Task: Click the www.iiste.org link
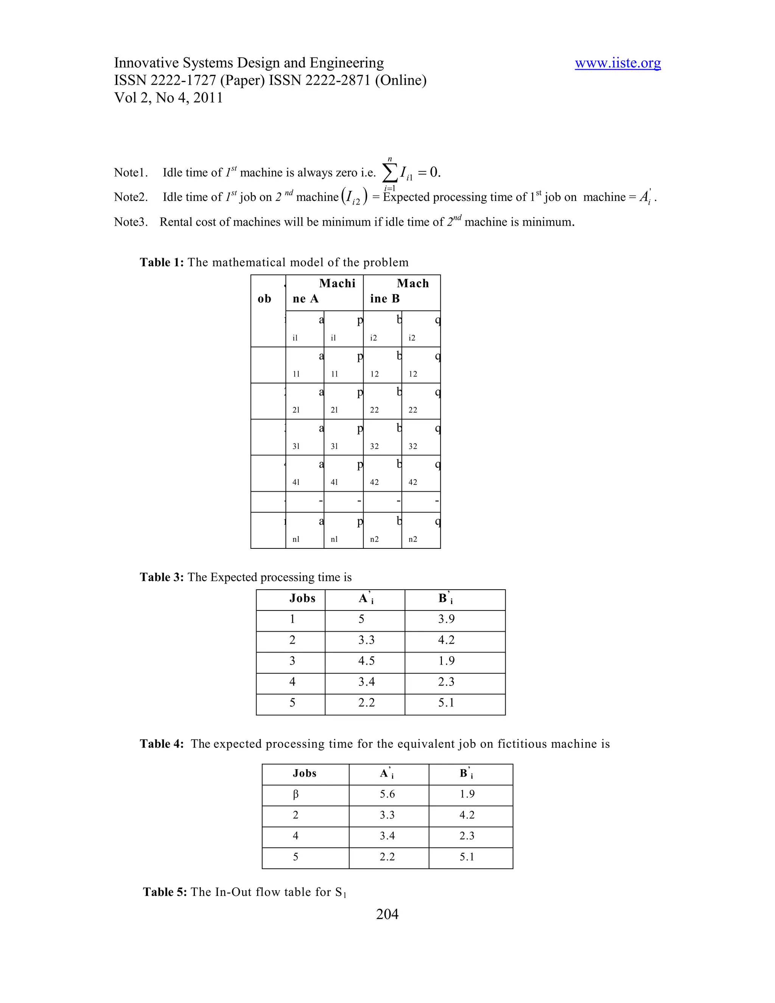618,63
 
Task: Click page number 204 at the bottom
387,923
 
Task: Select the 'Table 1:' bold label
162,262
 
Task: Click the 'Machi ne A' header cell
324,291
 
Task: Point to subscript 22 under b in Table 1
374,410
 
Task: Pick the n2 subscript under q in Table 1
413,539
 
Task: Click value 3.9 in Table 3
446,619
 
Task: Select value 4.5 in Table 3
366,661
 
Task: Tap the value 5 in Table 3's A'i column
361,619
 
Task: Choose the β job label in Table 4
296,794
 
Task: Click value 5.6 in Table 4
387,794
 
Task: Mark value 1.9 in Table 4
467,794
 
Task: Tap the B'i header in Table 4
466,774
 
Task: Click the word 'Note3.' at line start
131,222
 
